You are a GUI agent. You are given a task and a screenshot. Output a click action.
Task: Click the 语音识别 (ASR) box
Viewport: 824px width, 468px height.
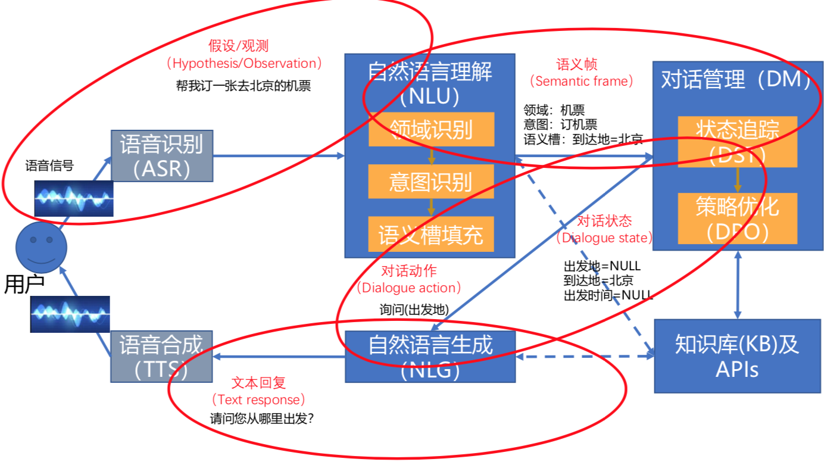[x=161, y=156]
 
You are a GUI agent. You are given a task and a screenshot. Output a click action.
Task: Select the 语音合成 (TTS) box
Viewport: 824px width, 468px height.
[x=161, y=357]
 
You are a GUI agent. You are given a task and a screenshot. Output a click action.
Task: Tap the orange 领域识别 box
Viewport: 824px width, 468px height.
[x=431, y=129]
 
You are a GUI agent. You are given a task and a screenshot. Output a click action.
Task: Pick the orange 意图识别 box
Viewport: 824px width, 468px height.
[x=431, y=181]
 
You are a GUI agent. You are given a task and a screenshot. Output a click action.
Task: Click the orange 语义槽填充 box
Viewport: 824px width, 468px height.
[x=431, y=234]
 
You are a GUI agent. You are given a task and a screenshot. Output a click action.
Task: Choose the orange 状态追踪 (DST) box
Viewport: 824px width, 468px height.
[x=737, y=142]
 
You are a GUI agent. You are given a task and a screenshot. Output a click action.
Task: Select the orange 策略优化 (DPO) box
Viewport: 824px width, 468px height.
[x=737, y=218]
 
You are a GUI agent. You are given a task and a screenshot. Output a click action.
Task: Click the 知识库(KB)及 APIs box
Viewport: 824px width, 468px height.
[x=737, y=356]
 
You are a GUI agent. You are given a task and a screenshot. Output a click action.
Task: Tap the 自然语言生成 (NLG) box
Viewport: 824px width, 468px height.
[x=430, y=357]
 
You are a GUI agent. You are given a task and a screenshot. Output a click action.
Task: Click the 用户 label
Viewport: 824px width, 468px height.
[x=24, y=285]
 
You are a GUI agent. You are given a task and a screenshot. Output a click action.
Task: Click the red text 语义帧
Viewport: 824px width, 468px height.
[x=577, y=64]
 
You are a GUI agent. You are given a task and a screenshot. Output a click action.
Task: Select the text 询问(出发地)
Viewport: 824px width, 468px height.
[x=414, y=310]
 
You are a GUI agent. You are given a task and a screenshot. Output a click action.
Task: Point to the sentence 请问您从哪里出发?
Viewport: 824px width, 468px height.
[x=262, y=419]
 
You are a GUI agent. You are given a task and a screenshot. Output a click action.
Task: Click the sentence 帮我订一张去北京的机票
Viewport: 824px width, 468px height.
[x=243, y=86]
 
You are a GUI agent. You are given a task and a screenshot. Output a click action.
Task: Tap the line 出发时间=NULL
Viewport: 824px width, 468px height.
[x=608, y=295]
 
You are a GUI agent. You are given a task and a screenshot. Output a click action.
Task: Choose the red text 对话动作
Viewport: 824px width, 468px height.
[x=408, y=272]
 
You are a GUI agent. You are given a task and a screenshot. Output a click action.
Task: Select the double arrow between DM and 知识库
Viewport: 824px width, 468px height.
[x=738, y=285]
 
